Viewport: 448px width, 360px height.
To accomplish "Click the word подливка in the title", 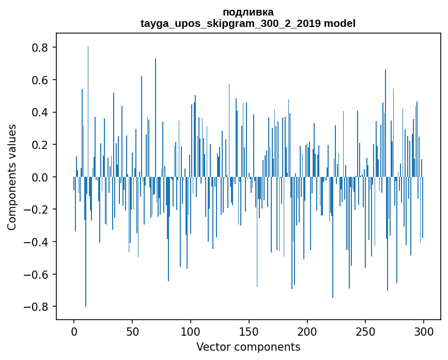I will (248, 12).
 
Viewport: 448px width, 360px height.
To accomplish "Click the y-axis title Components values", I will (12, 177).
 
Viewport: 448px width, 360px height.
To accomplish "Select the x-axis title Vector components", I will (248, 347).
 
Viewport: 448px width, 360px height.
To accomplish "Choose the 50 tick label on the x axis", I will (132, 332).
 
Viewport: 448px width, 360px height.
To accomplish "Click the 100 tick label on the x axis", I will (191, 332).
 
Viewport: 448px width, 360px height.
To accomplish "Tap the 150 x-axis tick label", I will (249, 332).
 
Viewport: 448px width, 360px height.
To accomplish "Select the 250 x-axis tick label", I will (365, 332).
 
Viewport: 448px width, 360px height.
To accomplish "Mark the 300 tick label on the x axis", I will (424, 332).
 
